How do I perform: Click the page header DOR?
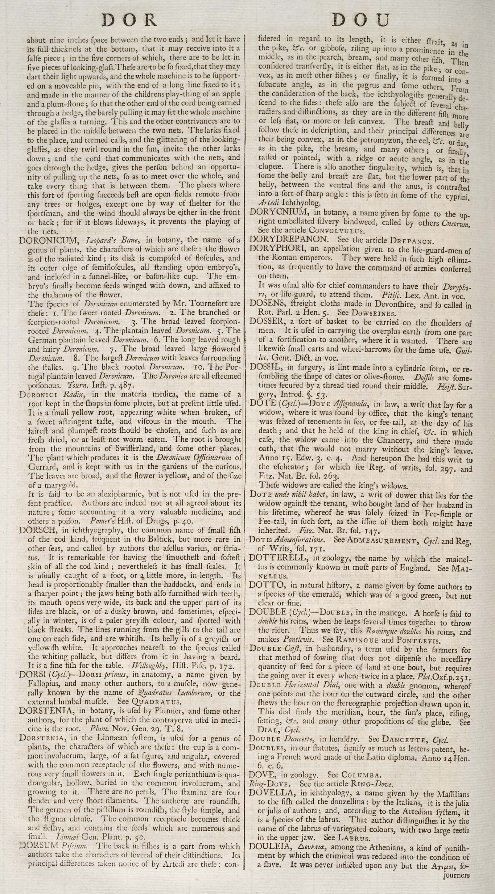[129, 20]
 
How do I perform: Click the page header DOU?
[361, 20]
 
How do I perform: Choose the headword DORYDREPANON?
[288, 239]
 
